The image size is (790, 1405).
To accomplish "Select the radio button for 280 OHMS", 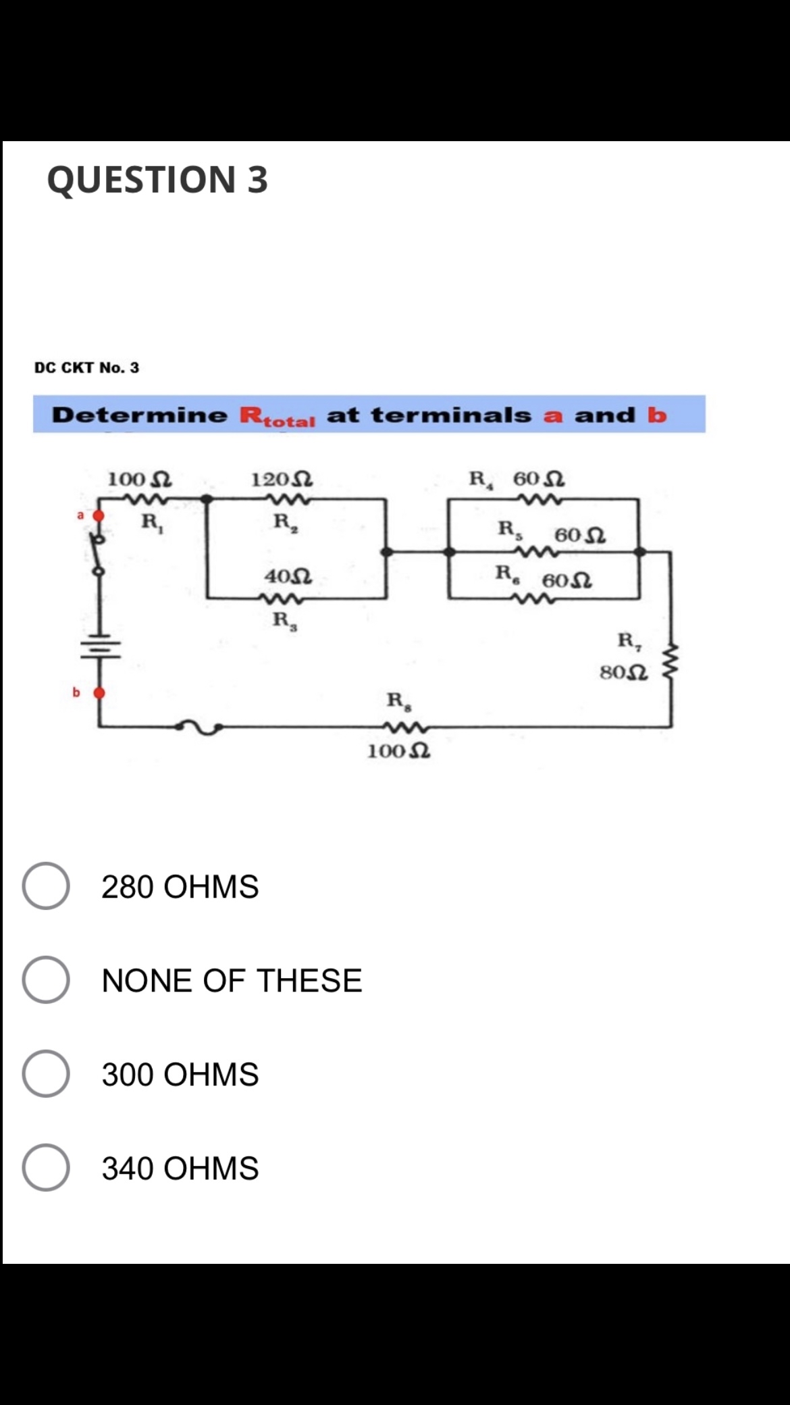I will coord(46,886).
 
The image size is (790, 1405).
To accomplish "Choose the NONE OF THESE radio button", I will coord(46,979).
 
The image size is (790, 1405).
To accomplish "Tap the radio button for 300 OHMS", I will coord(46,1073).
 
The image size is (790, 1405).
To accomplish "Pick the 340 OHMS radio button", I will coord(46,1167).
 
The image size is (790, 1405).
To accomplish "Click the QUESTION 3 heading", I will coord(157,180).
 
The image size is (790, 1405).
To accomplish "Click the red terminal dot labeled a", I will coord(99,516).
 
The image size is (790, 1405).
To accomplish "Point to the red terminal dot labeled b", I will coord(99,692).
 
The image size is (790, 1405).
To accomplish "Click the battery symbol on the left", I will coord(101,646).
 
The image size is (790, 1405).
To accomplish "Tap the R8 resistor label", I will coord(396,700).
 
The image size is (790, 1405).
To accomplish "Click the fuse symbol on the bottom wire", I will coord(199,727).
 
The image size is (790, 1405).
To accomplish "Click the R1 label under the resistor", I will coord(151,522).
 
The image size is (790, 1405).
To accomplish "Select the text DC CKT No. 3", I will coord(86,367).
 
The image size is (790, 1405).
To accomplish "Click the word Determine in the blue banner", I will coord(140,415).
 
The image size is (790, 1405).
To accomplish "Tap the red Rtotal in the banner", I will coord(278,416).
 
